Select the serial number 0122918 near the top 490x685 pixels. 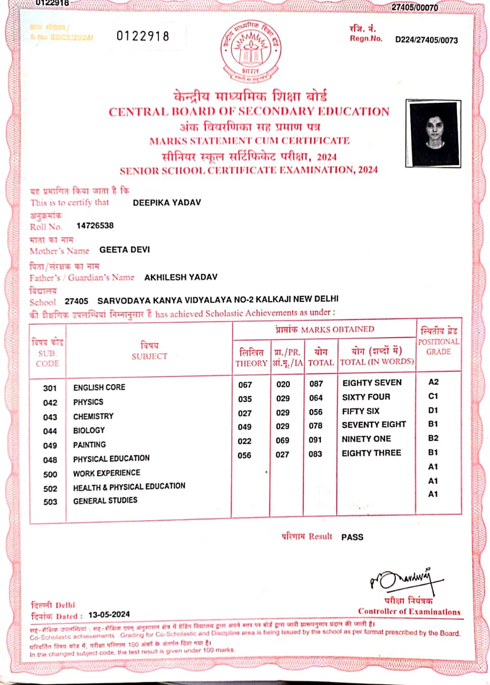pos(143,36)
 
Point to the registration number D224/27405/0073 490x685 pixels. pos(426,40)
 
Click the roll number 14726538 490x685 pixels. pos(95,226)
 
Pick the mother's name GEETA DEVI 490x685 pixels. pos(125,249)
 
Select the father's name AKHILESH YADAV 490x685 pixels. pos(181,277)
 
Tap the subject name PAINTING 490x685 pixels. pos(89,444)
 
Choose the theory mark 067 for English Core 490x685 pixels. pos(244,385)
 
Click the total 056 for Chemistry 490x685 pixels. pos(316,413)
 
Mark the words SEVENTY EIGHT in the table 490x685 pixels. pos(374,424)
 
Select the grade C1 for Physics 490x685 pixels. pos(433,397)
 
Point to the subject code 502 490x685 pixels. pos(50,489)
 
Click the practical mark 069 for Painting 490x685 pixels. pos(282,440)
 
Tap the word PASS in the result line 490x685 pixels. pos(352,537)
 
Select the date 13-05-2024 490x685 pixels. pos(109,615)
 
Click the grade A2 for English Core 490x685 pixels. pos(433,382)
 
